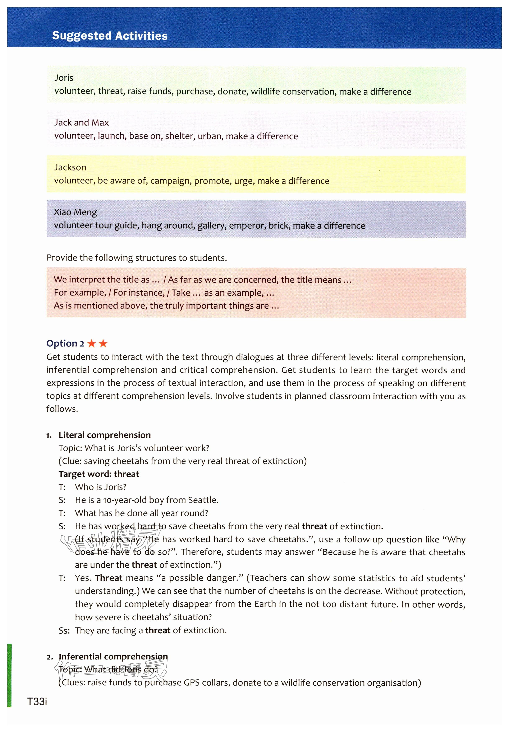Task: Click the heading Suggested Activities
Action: pos(110,36)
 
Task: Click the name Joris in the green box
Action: pos(64,78)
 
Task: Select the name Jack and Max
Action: pos(81,123)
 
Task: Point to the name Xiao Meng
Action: pos(75,212)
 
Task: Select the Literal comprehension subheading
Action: pos(105,435)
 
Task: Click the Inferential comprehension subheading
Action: pos(113,657)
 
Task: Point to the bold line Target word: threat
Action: pos(99,474)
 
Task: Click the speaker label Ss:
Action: pos(64,630)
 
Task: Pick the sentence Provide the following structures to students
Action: pos(137,258)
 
